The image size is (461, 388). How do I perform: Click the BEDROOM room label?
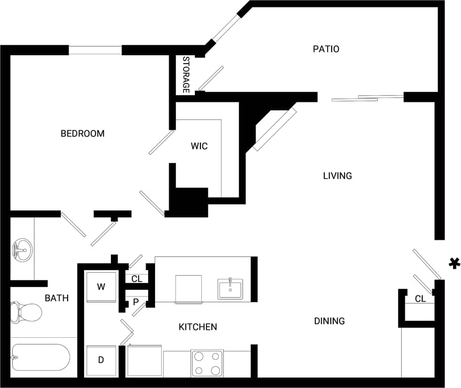coord(83,133)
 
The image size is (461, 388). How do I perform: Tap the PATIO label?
coord(326,49)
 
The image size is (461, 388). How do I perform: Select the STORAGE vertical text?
coord(186,75)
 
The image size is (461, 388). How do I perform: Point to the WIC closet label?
coord(199,146)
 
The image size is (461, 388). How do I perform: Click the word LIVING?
coord(337,176)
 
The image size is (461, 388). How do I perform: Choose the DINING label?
coord(329,321)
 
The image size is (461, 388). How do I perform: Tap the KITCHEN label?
coord(197,327)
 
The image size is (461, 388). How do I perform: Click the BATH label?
coord(57,298)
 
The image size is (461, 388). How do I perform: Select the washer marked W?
coord(101,287)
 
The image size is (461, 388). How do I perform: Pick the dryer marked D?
coord(101,360)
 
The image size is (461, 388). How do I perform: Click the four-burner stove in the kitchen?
coord(207,363)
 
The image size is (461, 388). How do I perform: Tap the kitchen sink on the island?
coord(230,289)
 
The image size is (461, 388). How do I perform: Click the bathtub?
coord(40,357)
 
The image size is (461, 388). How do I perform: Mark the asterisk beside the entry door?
coord(454,264)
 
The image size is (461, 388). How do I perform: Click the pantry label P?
coord(135,301)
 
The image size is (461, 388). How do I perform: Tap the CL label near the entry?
coord(420,299)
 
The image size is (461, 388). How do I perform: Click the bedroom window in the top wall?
coord(95,50)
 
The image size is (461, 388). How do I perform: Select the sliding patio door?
coord(367,98)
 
